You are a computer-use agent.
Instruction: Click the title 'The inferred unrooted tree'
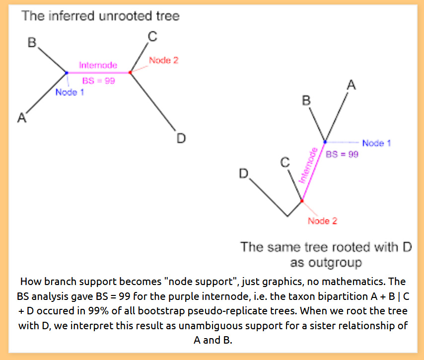(100, 16)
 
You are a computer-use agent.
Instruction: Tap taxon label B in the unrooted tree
(32, 43)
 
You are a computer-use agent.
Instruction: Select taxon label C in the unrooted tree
(153, 36)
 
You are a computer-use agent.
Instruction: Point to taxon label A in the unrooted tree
(21, 118)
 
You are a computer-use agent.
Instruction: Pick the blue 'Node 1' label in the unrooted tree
(70, 92)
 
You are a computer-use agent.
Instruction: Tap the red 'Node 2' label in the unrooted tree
(163, 60)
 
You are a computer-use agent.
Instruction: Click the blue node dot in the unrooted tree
(67, 73)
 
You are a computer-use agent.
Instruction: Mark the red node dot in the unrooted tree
(130, 72)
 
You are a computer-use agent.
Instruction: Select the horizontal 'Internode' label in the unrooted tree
(98, 65)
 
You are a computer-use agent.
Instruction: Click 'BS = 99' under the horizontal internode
(98, 80)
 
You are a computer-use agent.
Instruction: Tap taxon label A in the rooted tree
(351, 85)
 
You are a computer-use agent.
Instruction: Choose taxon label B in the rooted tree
(307, 101)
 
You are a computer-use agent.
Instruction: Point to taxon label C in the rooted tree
(284, 162)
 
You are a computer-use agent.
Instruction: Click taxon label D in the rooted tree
(243, 174)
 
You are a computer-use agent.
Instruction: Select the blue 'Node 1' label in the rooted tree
(376, 143)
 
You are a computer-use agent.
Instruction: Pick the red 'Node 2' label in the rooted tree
(322, 220)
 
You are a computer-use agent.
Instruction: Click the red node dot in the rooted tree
(301, 201)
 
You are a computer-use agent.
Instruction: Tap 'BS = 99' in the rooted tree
(342, 154)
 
